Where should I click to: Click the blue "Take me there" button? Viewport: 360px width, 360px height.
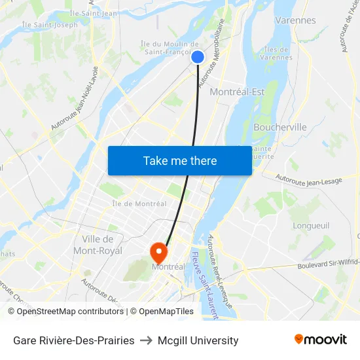tap(180, 160)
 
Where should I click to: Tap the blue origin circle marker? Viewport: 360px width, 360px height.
tap(198, 57)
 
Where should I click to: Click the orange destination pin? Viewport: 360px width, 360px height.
tap(158, 251)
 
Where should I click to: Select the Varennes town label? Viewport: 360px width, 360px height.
tap(295, 20)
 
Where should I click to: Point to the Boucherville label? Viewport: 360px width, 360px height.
tap(279, 127)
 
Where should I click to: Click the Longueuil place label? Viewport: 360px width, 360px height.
tap(311, 225)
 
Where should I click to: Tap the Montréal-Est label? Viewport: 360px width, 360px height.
tap(237, 92)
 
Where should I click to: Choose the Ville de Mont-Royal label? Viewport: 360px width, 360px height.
tap(102, 245)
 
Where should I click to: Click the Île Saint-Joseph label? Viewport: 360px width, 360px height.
tap(50, 25)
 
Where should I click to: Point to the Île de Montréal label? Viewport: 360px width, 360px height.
tap(139, 204)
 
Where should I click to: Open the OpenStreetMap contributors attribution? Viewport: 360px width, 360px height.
tap(65, 312)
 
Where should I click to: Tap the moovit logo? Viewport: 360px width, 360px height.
tap(321, 339)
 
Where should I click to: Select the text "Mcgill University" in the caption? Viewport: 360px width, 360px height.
tap(198, 340)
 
